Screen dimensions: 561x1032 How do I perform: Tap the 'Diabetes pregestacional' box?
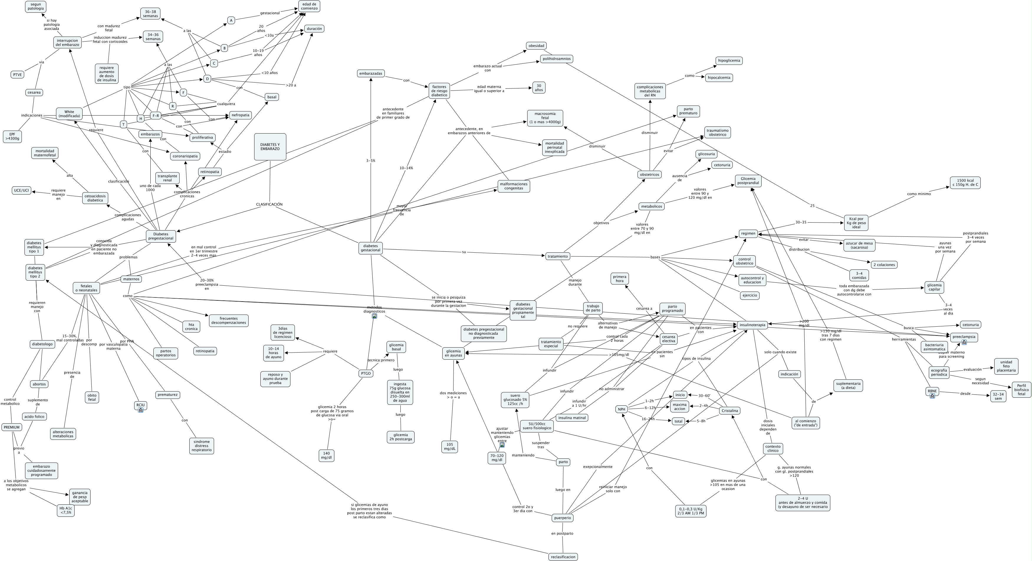point(161,236)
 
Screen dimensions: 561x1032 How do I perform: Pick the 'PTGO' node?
point(366,373)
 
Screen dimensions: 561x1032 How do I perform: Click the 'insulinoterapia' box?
point(752,325)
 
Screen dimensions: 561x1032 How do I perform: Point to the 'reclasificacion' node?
point(563,557)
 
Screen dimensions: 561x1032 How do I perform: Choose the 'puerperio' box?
point(563,518)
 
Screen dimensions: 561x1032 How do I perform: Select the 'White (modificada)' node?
point(69,114)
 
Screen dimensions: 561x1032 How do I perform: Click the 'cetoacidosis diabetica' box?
point(95,198)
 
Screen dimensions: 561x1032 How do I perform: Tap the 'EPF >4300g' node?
point(12,136)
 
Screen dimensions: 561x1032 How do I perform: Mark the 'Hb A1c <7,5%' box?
point(66,510)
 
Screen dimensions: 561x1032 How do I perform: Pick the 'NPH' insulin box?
point(621,409)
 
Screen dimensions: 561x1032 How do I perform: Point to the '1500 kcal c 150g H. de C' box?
point(965,182)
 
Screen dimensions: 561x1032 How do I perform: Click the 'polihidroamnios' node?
point(556,59)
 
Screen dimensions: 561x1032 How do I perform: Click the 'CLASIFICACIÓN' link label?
point(269,204)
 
